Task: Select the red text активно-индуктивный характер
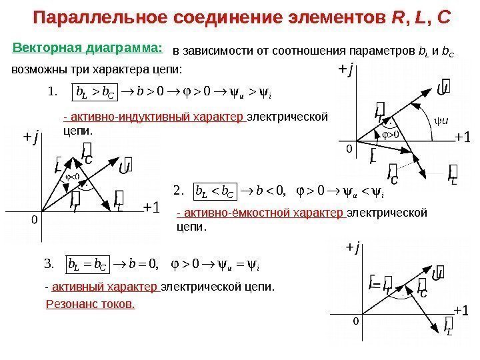[x=155, y=118]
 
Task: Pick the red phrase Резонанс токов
[x=90, y=304]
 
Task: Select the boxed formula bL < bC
[x=210, y=193]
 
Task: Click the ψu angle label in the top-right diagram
[x=441, y=121]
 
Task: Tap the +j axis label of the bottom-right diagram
[x=351, y=249]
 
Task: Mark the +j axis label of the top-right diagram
[x=344, y=68]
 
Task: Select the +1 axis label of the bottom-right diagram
[x=461, y=311]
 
